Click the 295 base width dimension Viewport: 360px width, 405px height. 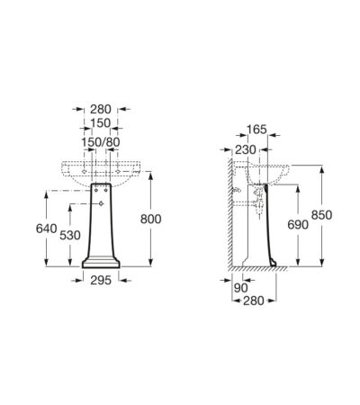click(101, 280)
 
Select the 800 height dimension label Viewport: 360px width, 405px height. click(151, 220)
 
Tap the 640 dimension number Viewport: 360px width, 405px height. click(46, 229)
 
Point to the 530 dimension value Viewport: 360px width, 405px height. click(70, 236)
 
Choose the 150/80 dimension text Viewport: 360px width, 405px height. click(101, 142)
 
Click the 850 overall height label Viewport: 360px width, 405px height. click(321, 215)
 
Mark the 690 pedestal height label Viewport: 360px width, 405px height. click(298, 224)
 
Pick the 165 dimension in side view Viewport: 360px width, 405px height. click(256, 130)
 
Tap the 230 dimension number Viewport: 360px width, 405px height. click(246, 149)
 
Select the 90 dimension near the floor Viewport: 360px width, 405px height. click(241, 288)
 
